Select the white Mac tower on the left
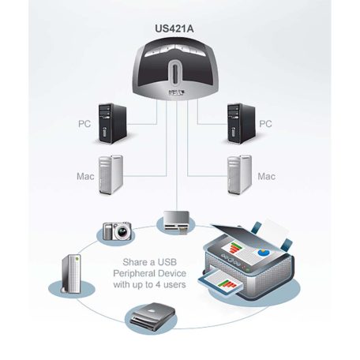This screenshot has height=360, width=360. [111, 174]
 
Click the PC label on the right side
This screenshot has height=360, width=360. [266, 124]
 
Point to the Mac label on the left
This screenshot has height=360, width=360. [85, 176]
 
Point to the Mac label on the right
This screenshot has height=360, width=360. [268, 175]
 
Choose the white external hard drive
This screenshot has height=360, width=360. [69, 276]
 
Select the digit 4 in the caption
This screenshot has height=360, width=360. [170, 284]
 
